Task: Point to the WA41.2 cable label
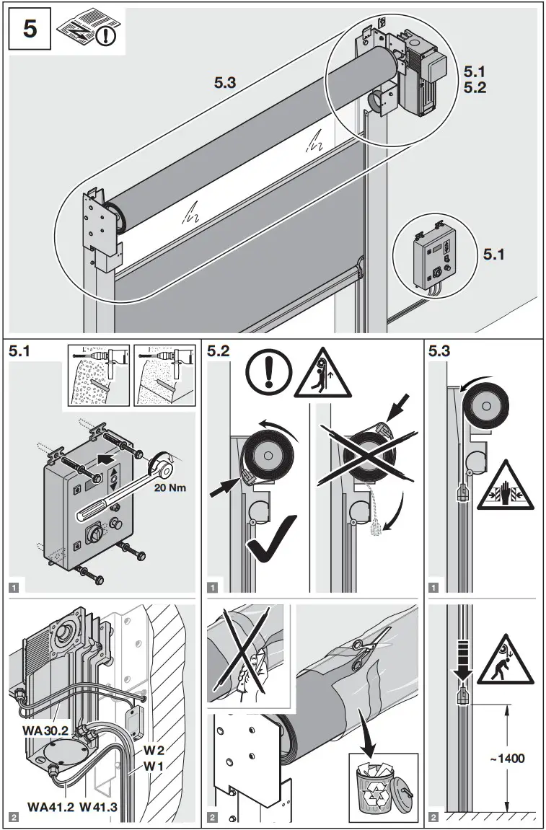tap(50, 806)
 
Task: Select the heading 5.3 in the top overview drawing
tap(224, 83)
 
